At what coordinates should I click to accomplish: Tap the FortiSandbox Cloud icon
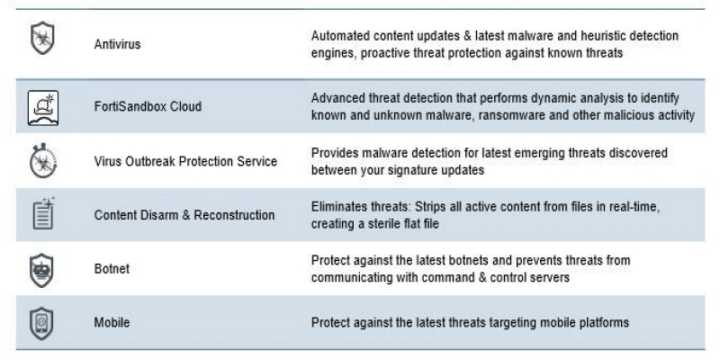(40, 105)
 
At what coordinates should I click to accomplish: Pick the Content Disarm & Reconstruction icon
(40, 214)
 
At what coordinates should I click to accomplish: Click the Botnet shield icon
(40, 268)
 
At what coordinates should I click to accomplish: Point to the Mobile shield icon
(40, 321)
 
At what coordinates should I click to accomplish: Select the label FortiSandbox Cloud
(148, 106)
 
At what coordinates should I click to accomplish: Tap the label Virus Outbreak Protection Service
(185, 161)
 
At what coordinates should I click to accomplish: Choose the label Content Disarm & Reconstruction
(184, 215)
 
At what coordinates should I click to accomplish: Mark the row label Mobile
(111, 321)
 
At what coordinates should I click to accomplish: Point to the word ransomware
(498, 115)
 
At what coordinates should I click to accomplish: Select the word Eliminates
(340, 206)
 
